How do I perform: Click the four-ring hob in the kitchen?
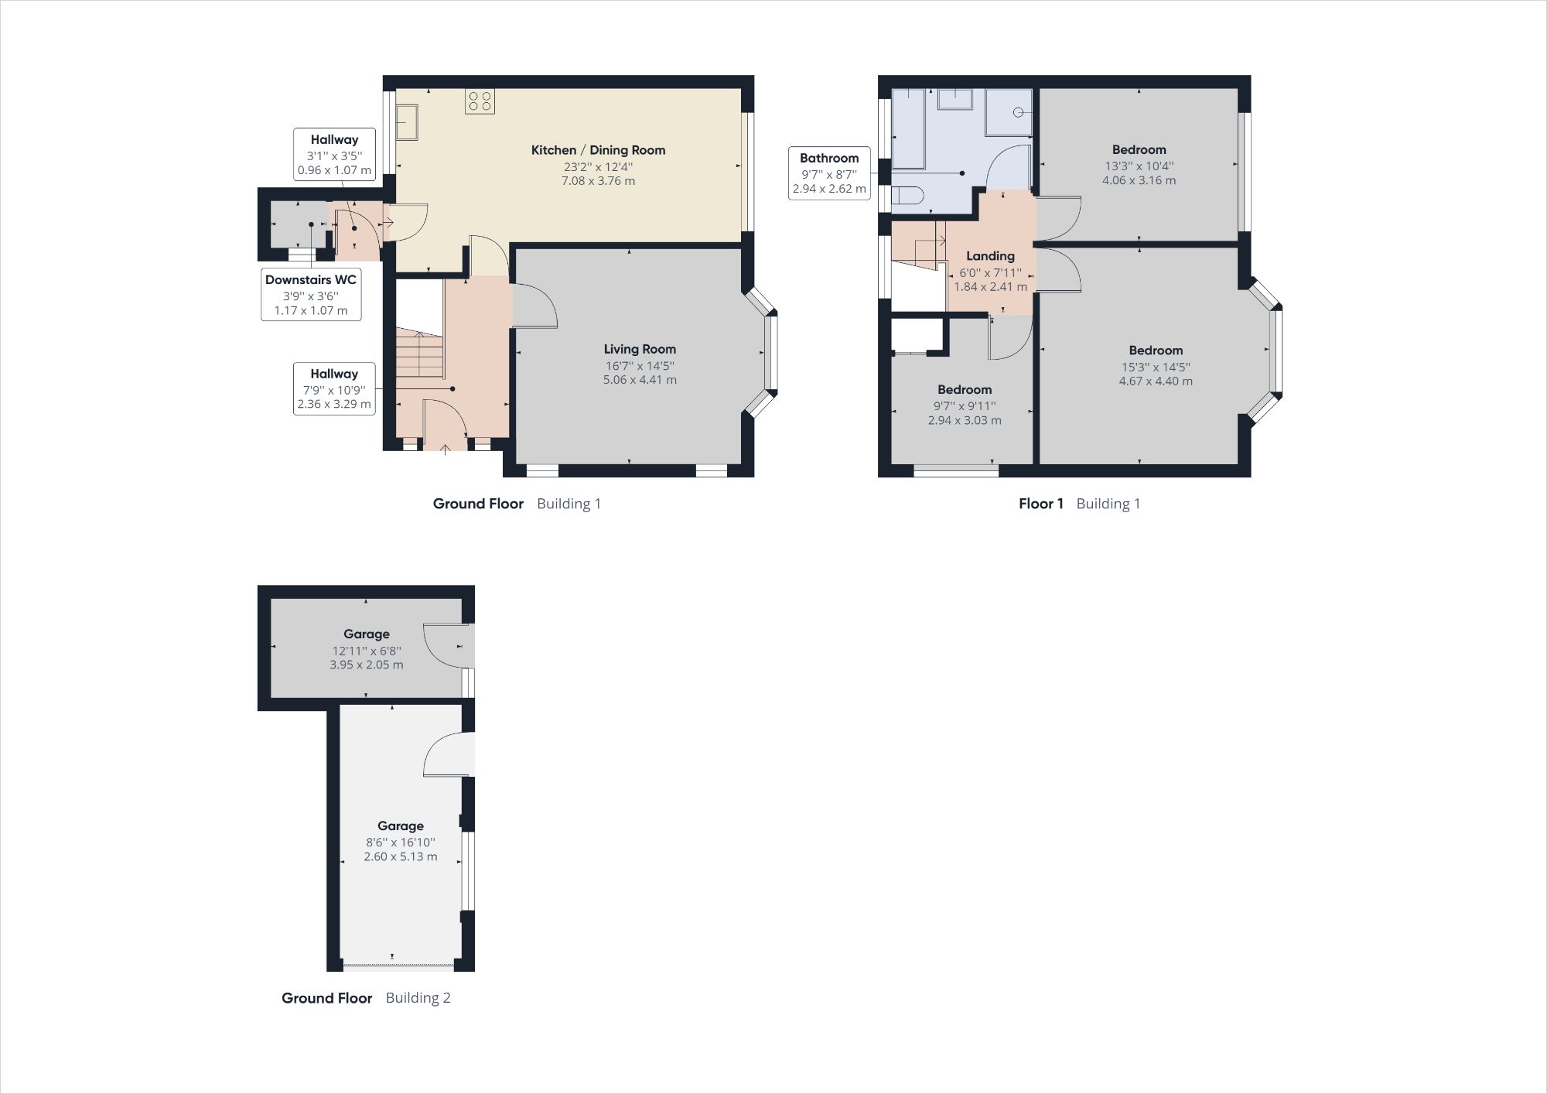pos(480,101)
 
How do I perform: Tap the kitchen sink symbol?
pos(407,122)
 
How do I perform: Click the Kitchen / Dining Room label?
pos(598,150)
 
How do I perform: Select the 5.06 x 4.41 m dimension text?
pos(640,380)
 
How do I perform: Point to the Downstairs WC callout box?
pos(311,295)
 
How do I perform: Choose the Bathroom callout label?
pos(828,173)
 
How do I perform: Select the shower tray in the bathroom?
pos(1009,112)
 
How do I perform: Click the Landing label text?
pos(990,256)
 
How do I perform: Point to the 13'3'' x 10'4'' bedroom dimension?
pos(1139,166)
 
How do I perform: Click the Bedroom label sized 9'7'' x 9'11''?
pos(965,389)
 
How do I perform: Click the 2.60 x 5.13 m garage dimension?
pos(401,856)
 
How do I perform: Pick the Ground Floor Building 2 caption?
pos(366,997)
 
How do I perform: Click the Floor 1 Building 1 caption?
pos(1079,504)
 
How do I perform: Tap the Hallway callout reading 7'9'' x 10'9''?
pos(334,388)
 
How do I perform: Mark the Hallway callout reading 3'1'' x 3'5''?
pos(334,155)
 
